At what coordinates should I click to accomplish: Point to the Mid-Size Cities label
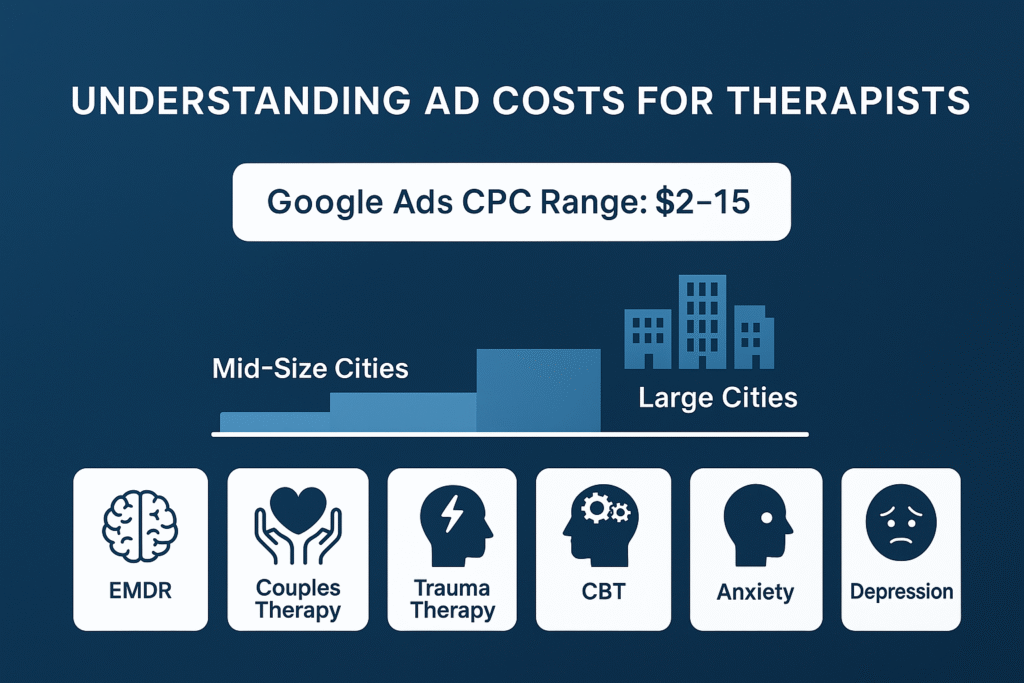pos(310,368)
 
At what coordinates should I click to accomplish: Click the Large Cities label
pos(718,398)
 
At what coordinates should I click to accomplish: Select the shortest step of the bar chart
pos(274,421)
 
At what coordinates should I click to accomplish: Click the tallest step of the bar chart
pos(539,390)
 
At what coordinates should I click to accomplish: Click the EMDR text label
pos(140,591)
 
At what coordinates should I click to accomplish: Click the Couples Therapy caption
pos(298,598)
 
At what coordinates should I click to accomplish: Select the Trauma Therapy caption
pos(452,598)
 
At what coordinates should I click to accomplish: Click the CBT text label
pos(603,591)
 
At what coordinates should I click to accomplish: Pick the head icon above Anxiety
pos(756,528)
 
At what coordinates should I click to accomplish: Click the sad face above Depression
pos(901,528)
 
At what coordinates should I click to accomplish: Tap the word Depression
pos(901,591)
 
